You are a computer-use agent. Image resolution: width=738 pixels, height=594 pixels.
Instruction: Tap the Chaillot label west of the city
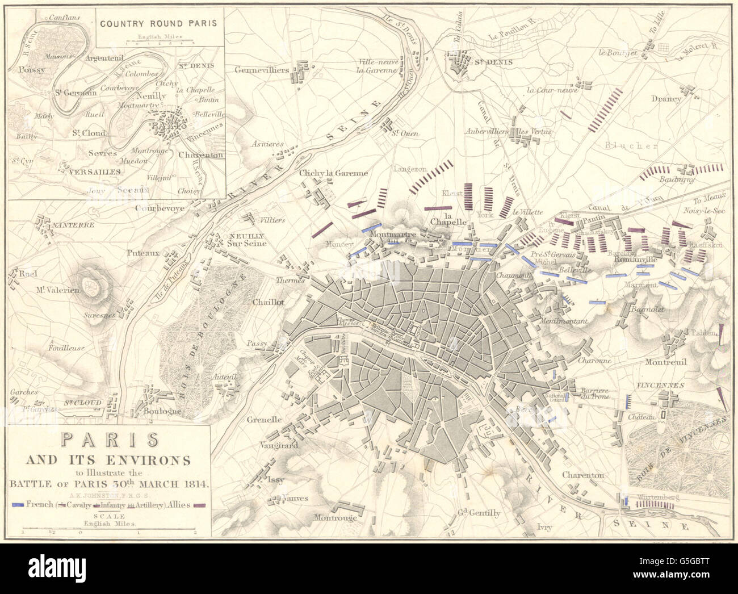coord(269,302)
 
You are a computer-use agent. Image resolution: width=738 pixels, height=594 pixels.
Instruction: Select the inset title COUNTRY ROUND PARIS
coord(158,24)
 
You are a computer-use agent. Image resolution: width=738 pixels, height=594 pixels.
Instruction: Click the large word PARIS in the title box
coord(109,441)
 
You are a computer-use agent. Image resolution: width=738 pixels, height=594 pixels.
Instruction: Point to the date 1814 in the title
coord(195,485)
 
